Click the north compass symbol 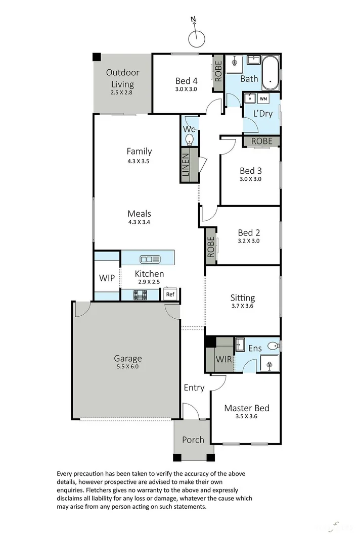point(196,38)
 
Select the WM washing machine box point(263,99)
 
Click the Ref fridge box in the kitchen point(170,295)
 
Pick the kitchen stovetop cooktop point(140,295)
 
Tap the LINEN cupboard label point(186,165)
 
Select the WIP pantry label point(107,278)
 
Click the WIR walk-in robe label point(223,359)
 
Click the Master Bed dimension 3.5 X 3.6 point(247,417)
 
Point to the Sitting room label point(243,298)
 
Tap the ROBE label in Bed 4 point(218,72)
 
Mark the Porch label point(193,439)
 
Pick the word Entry point(194,388)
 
